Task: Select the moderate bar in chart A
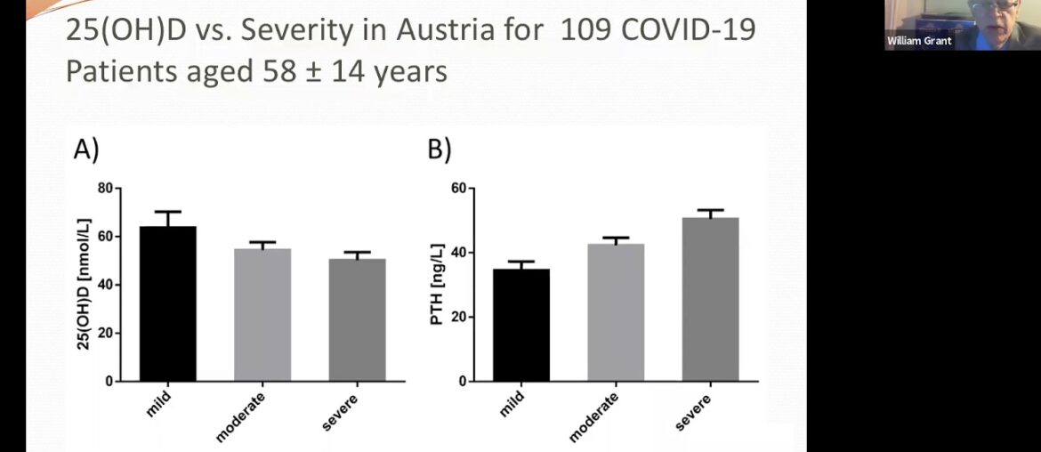pyautogui.click(x=262, y=314)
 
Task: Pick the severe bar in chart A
pyautogui.click(x=357, y=319)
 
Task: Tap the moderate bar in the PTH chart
pyautogui.click(x=616, y=311)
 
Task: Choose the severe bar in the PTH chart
pyautogui.click(x=710, y=299)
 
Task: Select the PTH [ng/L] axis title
pyautogui.click(x=437, y=285)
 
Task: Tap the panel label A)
pyautogui.click(x=85, y=151)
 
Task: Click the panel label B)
pyautogui.click(x=440, y=151)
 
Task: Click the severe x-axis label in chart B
pyautogui.click(x=694, y=409)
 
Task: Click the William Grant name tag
pyautogui.click(x=919, y=41)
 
